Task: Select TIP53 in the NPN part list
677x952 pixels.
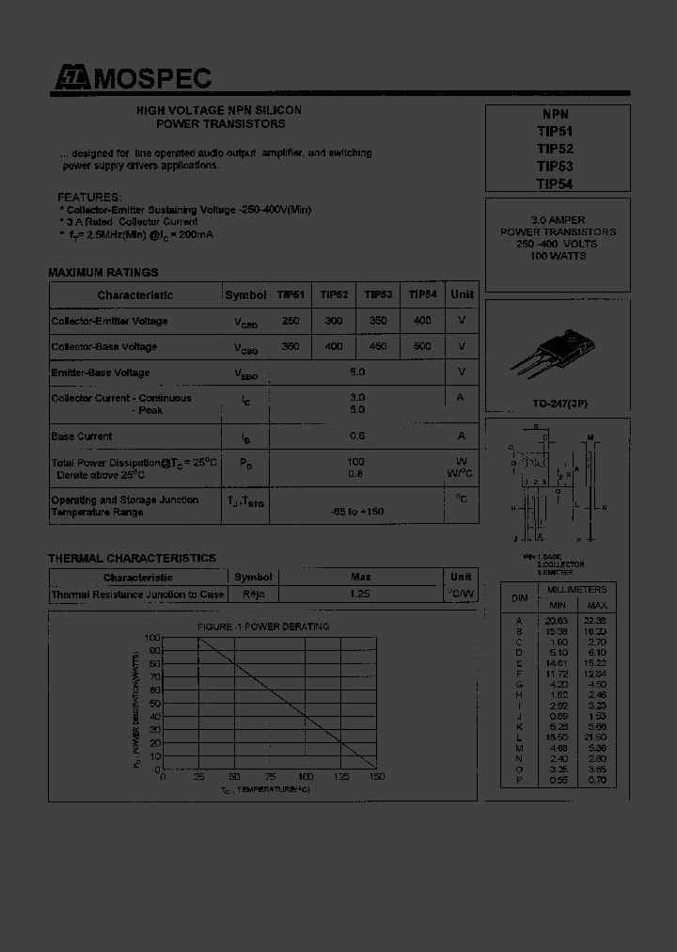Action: [554, 167]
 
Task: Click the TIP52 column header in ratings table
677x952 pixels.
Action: [334, 294]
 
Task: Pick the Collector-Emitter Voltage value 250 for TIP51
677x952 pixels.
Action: [291, 321]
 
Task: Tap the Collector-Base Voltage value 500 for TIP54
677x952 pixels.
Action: [422, 346]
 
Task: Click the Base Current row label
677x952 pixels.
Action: [82, 436]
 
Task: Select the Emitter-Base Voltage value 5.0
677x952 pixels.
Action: [356, 373]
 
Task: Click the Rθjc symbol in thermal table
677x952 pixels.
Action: [253, 595]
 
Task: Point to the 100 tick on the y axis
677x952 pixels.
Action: [152, 638]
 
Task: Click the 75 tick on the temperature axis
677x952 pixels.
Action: [270, 777]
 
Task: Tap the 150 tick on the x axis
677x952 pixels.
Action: [377, 777]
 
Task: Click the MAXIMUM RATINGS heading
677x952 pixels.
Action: [103, 273]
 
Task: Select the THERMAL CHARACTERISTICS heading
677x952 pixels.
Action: [132, 558]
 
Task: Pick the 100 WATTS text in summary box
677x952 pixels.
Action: [558, 256]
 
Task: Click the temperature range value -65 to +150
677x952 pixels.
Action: [356, 511]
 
